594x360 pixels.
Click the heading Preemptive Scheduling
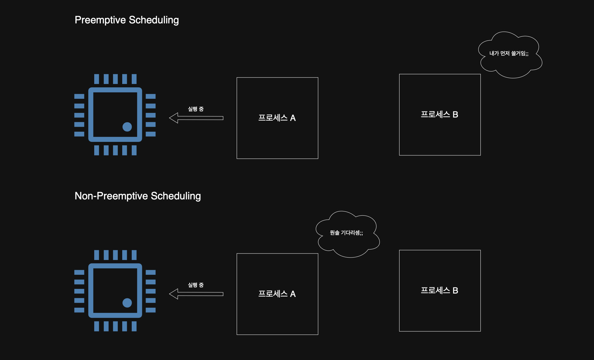tap(126, 20)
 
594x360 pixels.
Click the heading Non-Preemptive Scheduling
tap(138, 196)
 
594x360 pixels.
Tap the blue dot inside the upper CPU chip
tap(127, 127)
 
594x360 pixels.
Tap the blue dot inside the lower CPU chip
tap(127, 303)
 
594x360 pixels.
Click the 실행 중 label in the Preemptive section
tap(196, 109)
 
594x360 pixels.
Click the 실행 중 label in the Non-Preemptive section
tap(196, 285)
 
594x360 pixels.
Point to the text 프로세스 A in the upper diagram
tap(277, 118)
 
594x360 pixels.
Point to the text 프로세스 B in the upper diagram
tap(439, 114)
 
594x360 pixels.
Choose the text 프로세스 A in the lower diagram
tap(277, 294)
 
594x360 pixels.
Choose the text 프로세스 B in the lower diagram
tap(439, 290)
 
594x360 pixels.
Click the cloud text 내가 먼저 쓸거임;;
tap(509, 54)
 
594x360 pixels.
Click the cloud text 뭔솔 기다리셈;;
tap(346, 233)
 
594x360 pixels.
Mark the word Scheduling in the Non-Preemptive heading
tap(176, 196)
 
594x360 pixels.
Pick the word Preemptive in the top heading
tap(100, 20)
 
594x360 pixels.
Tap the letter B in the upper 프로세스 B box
tap(456, 114)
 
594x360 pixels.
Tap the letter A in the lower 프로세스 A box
tap(293, 294)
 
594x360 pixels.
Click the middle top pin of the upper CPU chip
tap(115, 79)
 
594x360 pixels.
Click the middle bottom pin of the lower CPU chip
tap(115, 326)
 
